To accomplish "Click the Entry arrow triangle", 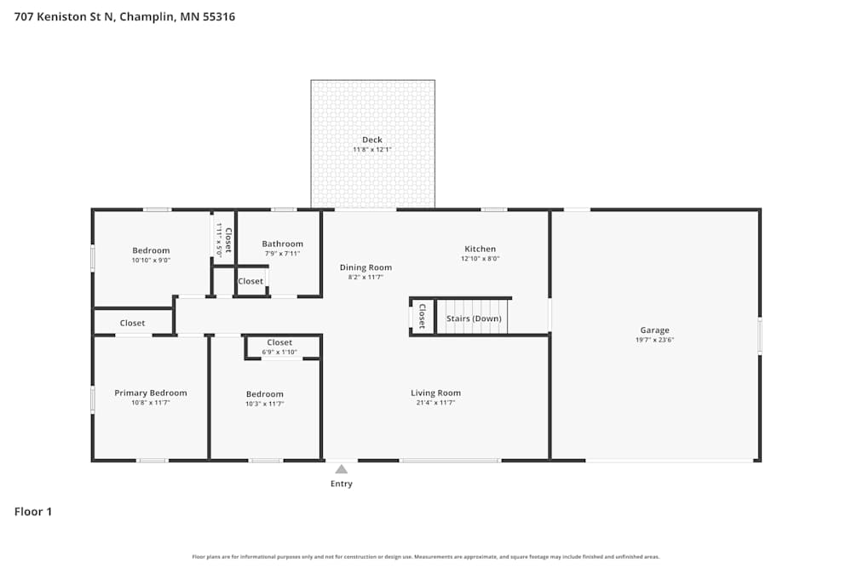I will point(341,469).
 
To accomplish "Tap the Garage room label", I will point(654,330).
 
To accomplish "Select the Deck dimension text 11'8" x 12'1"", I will point(372,150).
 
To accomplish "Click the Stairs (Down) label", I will point(474,318).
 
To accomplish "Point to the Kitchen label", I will point(480,249).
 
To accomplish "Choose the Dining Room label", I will point(366,267).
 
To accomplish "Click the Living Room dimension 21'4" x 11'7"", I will point(435,403).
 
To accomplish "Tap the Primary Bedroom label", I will point(151,393).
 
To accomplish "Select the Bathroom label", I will point(282,244).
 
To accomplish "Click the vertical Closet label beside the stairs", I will point(421,316).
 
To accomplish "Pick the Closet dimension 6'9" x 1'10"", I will point(279,352).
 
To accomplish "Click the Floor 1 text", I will point(33,512).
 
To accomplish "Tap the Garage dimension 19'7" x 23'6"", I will point(654,340).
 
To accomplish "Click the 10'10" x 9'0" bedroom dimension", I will point(151,261).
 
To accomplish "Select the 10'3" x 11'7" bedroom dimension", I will point(265,404).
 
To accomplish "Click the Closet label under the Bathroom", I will point(250,281).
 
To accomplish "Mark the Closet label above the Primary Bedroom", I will point(132,323).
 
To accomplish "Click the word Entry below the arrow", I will point(341,484).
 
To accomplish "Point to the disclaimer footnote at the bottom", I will point(426,557).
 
